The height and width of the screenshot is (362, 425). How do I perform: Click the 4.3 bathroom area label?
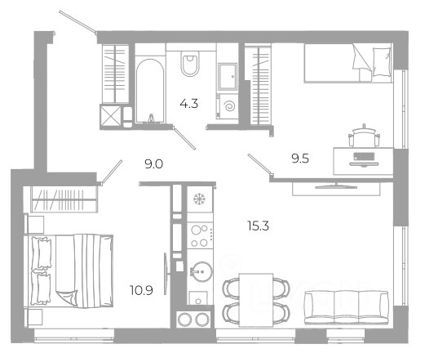point(189,104)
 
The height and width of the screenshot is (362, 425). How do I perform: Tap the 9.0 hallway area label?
point(153,164)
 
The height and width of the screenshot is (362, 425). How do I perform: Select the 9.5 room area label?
point(300,159)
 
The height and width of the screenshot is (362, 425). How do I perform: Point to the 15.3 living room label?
point(258,226)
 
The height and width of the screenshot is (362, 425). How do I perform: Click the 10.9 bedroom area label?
point(141,290)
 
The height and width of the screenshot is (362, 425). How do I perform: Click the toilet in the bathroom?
point(190,63)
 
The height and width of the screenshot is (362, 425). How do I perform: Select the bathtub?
point(150,91)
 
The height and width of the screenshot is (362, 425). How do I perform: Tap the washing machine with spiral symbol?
point(228,106)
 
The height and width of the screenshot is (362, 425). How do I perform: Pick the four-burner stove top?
point(200,235)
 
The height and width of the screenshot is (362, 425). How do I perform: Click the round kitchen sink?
point(201,271)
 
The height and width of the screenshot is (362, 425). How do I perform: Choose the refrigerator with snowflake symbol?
point(200,199)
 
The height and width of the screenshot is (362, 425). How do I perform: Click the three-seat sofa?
point(347,307)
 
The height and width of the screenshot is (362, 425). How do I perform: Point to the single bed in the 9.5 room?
point(348,63)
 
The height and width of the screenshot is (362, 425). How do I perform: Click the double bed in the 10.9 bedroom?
point(72,271)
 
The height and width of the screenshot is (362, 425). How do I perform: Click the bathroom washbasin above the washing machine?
point(228,76)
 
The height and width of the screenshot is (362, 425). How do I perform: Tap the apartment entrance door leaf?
point(77,22)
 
